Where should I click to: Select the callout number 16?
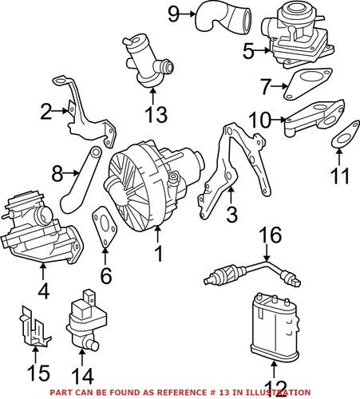[x=273, y=235]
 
